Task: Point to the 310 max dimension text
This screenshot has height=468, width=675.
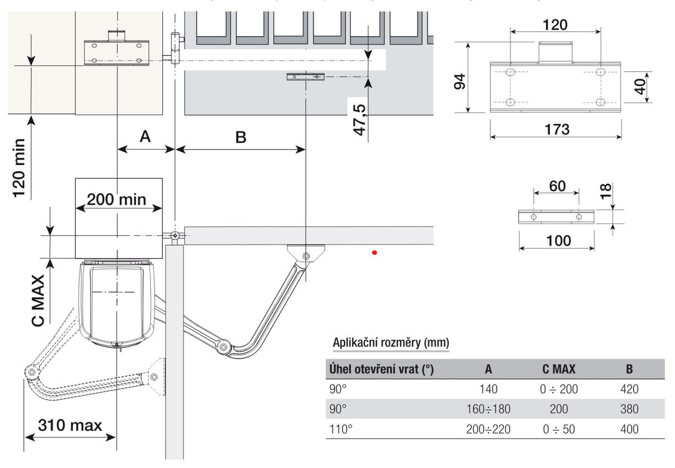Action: coord(70,426)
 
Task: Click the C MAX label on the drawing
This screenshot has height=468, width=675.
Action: coord(37,306)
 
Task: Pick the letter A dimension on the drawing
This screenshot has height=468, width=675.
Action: coord(145,136)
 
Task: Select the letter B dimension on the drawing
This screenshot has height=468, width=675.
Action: coord(240,137)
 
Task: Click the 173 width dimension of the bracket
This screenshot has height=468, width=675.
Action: coord(557,130)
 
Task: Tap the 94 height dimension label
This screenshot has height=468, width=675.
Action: coord(459,81)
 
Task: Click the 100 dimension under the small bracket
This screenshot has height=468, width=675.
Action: coord(558,241)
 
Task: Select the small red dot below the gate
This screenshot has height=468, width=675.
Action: coord(375,253)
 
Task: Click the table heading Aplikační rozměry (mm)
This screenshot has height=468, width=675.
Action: coord(390,343)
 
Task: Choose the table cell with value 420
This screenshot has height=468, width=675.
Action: coord(628,389)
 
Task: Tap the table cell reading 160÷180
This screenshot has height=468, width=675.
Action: coord(488,409)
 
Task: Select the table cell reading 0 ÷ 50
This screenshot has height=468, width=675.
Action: coord(558,429)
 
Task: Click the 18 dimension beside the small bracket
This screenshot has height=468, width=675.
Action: coord(607,191)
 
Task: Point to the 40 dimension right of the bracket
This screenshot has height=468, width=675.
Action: coord(640,86)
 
